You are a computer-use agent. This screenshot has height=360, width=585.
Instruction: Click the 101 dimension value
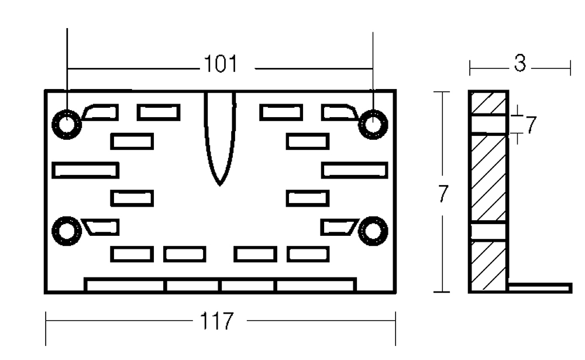pos(221,64)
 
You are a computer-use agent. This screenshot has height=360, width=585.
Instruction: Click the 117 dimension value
pos(217,321)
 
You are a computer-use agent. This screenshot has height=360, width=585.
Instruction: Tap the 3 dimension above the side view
pos(519,63)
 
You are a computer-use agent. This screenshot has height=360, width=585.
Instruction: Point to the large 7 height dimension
pos(442,194)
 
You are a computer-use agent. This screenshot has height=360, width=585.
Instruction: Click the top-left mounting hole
pos(67,124)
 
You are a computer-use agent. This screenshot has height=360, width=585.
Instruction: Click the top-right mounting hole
pos(373,124)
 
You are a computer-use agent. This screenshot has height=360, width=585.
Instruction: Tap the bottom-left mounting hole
pos(67,231)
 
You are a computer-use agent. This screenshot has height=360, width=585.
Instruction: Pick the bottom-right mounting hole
pos(373,231)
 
